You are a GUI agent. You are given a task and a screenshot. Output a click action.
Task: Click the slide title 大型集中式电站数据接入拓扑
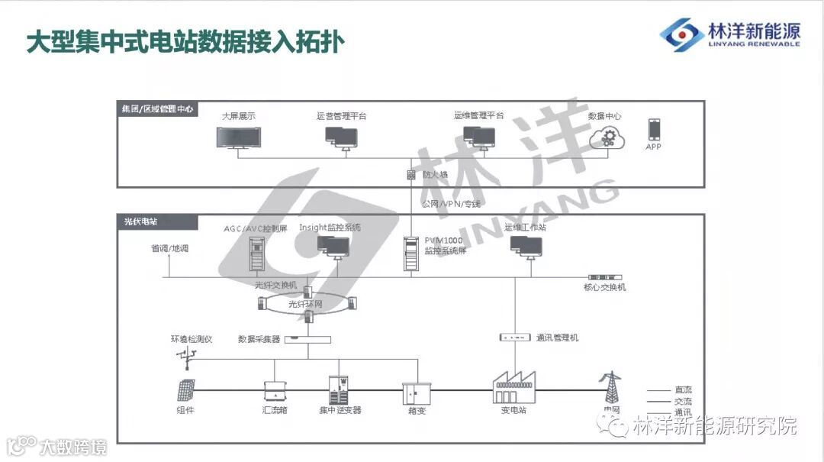[x=185, y=42]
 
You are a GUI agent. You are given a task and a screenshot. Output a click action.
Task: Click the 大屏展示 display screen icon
[x=238, y=138]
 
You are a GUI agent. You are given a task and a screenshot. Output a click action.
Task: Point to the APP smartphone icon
[x=654, y=129]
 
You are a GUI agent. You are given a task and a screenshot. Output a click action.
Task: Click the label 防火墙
[x=435, y=175]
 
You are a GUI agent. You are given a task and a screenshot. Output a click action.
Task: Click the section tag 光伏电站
[x=140, y=221]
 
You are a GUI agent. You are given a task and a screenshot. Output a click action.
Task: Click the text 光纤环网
[x=306, y=304]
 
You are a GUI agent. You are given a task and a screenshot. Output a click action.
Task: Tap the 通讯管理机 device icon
[x=514, y=337]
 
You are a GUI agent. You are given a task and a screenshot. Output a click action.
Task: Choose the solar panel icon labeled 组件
[x=185, y=390]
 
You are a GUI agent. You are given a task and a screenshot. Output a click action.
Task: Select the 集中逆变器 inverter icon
[x=340, y=389]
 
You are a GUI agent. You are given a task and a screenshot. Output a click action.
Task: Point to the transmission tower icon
[x=610, y=388]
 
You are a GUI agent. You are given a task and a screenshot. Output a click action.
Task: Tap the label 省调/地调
[x=169, y=249]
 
